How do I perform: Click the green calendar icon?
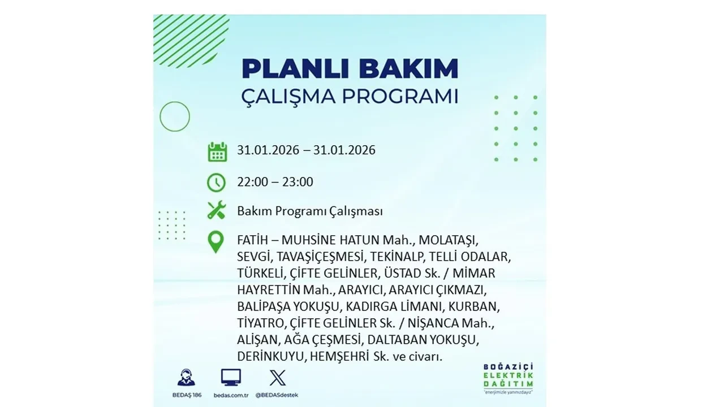[217, 151]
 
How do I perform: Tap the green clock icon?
[217, 183]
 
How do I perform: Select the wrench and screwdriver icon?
[217, 210]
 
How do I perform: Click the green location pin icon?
[216, 242]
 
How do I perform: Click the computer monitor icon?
[231, 377]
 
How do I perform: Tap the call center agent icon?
[187, 377]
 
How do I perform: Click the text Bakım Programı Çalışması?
[310, 211]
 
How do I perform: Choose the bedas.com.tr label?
[231, 395]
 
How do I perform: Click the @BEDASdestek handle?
[277, 395]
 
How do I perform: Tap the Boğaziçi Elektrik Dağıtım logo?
[508, 378]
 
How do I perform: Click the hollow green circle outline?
[175, 116]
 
